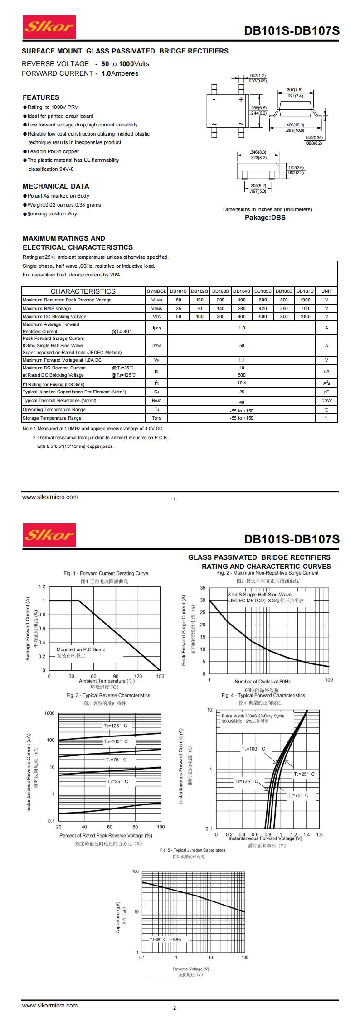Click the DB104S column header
tap(242, 291)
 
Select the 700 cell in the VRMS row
tap(305, 308)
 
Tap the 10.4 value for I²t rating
tap(242, 383)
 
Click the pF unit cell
tap(326, 392)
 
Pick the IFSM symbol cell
tap(156, 345)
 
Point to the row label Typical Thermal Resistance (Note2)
tap(59, 401)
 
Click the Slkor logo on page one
tap(49, 27)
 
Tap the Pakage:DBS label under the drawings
tap(265, 218)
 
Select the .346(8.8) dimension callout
tap(258, 152)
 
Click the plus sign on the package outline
tap(241, 99)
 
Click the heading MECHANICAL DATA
tap(56, 186)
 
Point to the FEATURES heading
tap(41, 97)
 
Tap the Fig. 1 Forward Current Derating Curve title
tap(106, 573)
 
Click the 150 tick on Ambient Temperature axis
tap(160, 676)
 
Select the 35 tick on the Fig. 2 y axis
tap(202, 588)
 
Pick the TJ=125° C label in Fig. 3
tap(116, 726)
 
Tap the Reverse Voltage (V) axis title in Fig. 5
tap(191, 969)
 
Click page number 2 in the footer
tap(175, 1008)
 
